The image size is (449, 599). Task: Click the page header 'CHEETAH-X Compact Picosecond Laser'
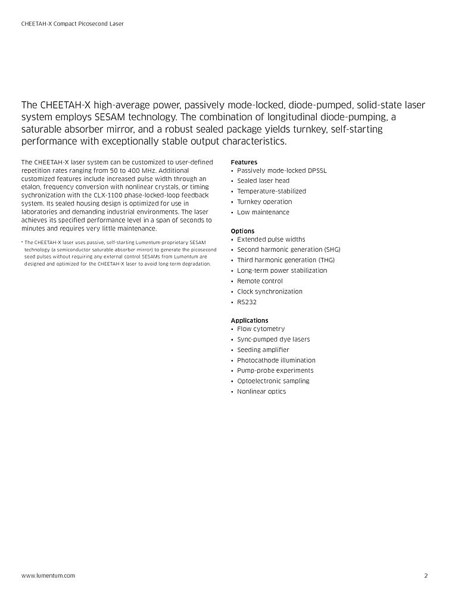(73, 24)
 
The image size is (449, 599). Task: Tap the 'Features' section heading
(244, 162)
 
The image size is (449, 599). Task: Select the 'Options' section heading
(242, 231)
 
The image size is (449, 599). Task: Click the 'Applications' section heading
(250, 320)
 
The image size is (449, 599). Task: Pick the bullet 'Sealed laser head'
(263, 181)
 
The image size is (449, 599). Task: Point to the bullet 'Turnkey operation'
(264, 202)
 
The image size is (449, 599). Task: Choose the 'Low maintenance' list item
(263, 212)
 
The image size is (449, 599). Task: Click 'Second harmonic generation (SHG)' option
(288, 249)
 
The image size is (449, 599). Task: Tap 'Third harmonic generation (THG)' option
(286, 260)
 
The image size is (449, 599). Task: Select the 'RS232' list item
(247, 302)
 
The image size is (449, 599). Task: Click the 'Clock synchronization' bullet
(270, 291)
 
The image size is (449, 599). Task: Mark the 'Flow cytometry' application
(261, 329)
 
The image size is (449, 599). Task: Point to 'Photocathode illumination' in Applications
(276, 360)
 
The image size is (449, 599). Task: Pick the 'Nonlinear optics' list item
(261, 391)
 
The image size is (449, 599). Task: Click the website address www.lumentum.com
(48, 576)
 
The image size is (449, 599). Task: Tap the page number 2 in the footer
(426, 576)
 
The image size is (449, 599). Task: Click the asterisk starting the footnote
(22, 242)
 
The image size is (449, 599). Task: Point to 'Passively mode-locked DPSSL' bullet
(282, 170)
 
